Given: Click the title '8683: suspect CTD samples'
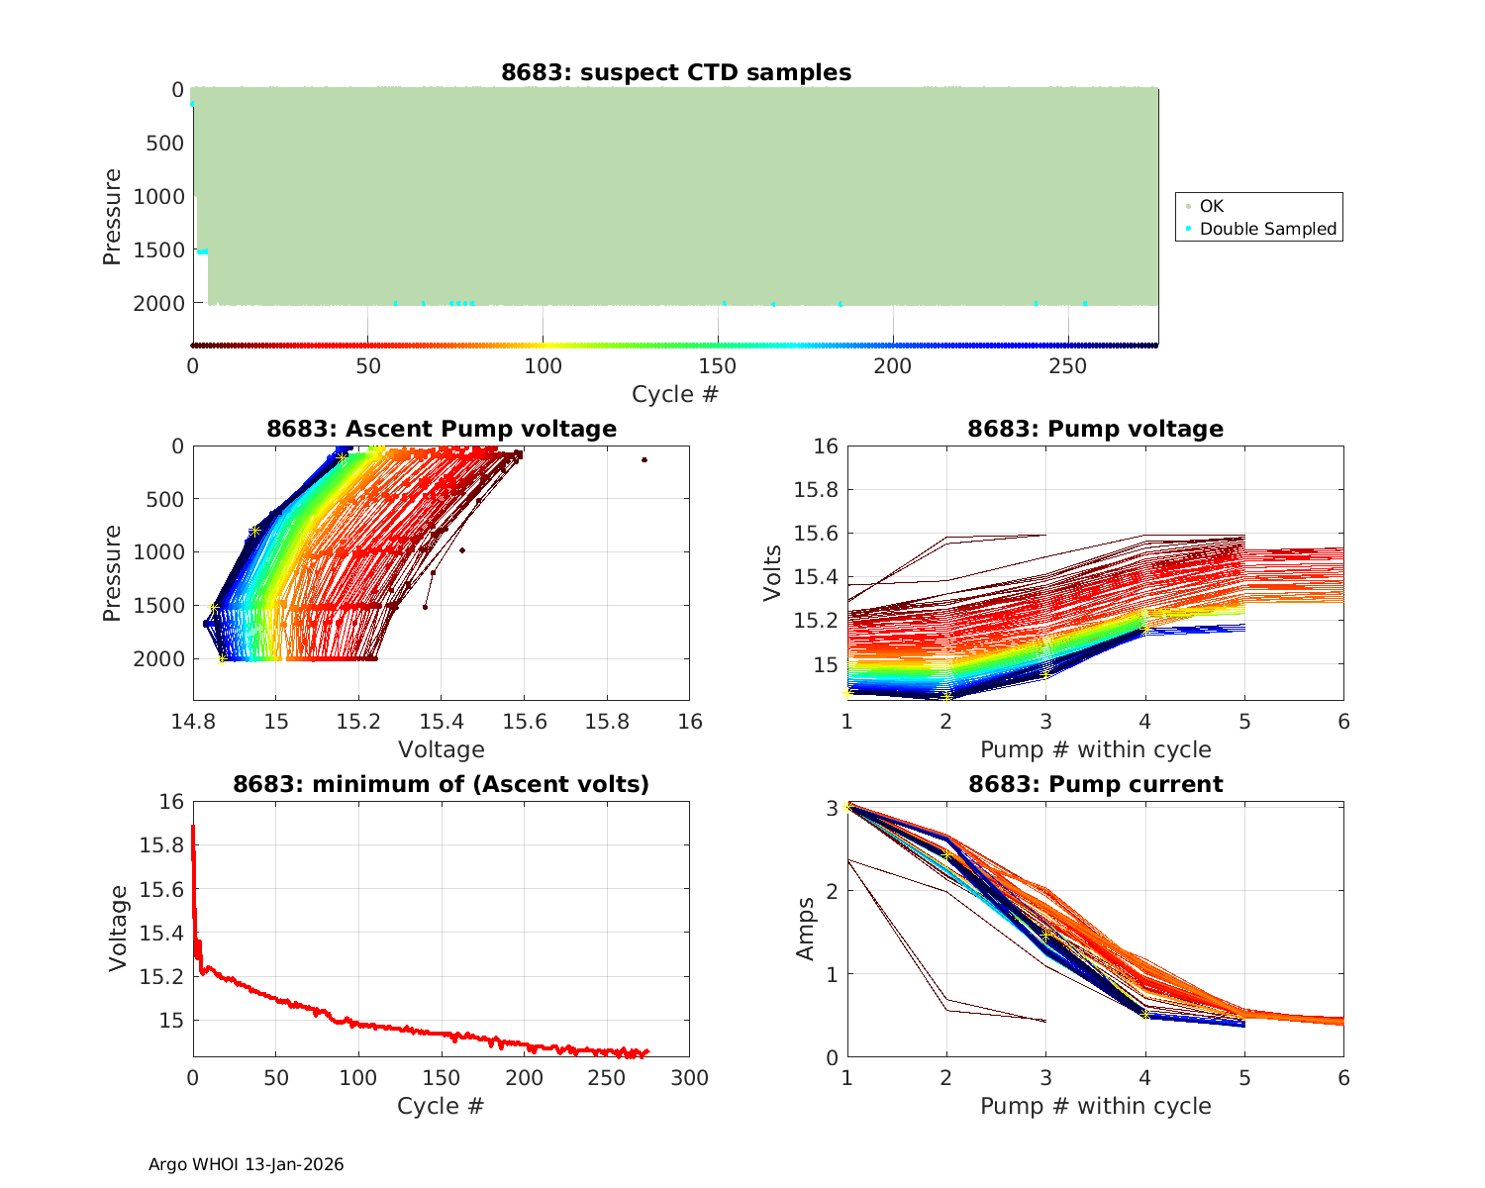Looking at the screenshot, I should pyautogui.click(x=676, y=72).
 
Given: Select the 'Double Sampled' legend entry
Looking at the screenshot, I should pyautogui.click(x=1268, y=229).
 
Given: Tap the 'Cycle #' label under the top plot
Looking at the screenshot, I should pyautogui.click(x=675, y=394).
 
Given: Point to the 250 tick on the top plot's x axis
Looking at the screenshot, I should pyautogui.click(x=1067, y=366).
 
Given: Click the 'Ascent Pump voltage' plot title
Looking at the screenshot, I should pyautogui.click(x=442, y=429).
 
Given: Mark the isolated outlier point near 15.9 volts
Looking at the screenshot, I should pyautogui.click(x=644, y=459).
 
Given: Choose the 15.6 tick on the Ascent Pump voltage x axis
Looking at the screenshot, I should pyautogui.click(x=524, y=722).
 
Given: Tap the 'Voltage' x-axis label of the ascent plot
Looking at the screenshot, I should pyautogui.click(x=442, y=749).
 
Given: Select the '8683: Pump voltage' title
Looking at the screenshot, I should pyautogui.click(x=1095, y=429).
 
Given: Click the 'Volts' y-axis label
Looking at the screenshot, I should pyautogui.click(x=773, y=573).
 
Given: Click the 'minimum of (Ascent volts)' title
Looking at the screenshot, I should pyautogui.click(x=442, y=784).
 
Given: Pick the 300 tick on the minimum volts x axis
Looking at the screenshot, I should pyautogui.click(x=689, y=1078).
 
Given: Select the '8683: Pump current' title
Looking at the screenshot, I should pyautogui.click(x=1095, y=784).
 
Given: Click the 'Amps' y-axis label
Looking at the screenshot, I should pyautogui.click(x=807, y=929).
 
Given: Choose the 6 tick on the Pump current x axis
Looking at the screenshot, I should pyautogui.click(x=1343, y=1078).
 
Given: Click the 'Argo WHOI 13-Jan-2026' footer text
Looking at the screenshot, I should pyautogui.click(x=247, y=1164).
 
